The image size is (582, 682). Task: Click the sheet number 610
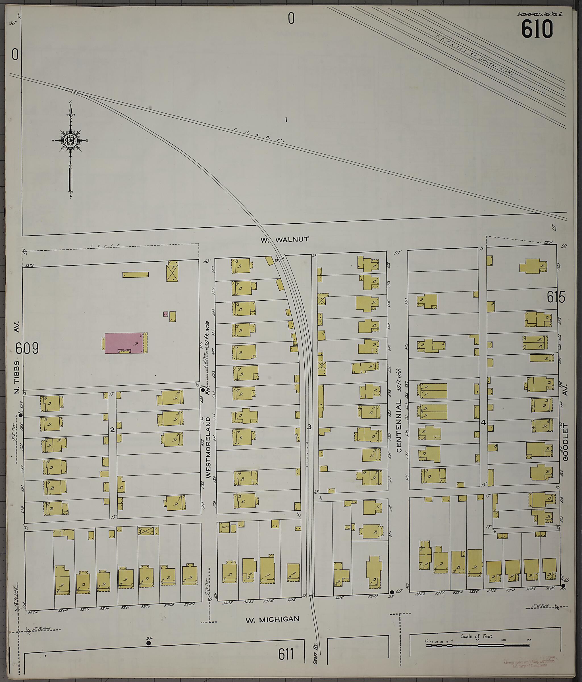[537, 29]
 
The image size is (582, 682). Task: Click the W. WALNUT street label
[285, 240]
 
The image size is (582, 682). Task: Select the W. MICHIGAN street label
[273, 619]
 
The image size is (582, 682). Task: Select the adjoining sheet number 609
[27, 348]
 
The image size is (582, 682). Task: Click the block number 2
[112, 430]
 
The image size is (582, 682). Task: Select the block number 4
[483, 423]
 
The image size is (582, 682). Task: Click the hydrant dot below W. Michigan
[149, 643]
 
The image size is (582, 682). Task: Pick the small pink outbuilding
[166, 314]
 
